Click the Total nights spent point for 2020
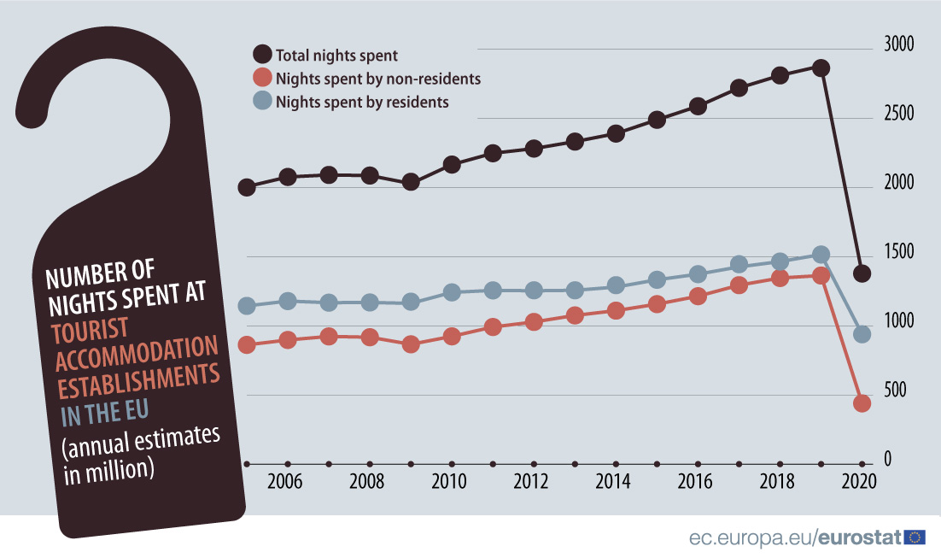[x=862, y=273]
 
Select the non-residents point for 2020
[x=862, y=403]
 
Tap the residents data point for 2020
[x=862, y=334]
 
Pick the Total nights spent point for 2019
[x=821, y=68]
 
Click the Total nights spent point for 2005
[x=247, y=187]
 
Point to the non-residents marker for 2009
[x=411, y=344]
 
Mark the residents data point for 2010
[x=452, y=292]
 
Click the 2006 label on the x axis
[x=284, y=482]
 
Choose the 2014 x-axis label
[x=612, y=482]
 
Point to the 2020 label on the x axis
[x=858, y=482]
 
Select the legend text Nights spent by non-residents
[x=378, y=79]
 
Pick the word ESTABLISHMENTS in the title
[x=136, y=378]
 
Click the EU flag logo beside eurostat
[x=915, y=537]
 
